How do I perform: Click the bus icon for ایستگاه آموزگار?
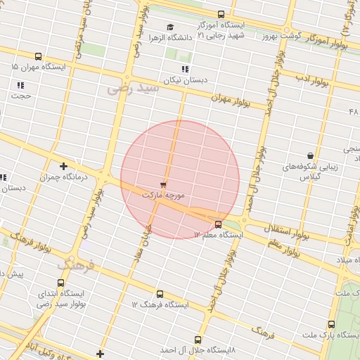pos(221,14)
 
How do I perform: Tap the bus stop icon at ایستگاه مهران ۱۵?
pos(38,57)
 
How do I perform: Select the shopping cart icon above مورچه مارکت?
pos(164,184)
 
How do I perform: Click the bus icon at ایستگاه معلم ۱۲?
pos(219,225)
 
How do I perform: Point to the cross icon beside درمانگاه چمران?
pos(64,167)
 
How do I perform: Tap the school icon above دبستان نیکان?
pos(185,70)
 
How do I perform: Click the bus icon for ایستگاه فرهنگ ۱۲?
pos(160,295)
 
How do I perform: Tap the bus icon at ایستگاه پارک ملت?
pos(331,324)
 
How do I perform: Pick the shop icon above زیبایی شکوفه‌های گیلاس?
pos(310,155)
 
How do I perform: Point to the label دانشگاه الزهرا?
pos(166,37)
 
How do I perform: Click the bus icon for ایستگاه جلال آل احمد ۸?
pos(198,340)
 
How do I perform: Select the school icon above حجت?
pos(20,85)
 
